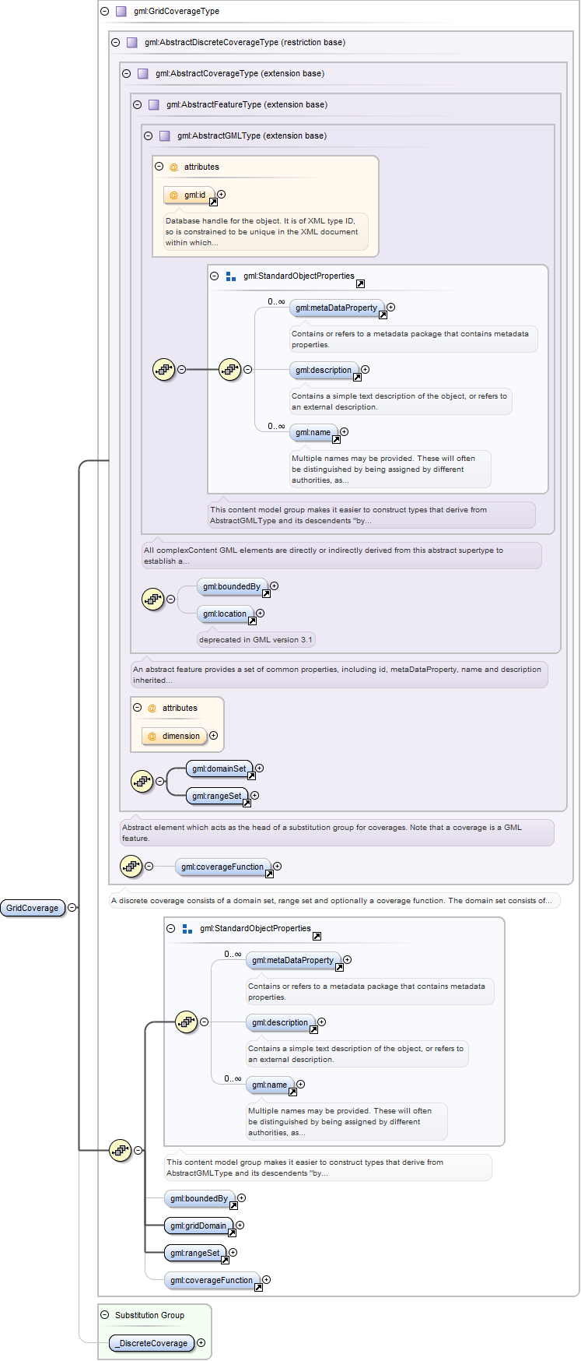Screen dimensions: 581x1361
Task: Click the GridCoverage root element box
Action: coord(33,908)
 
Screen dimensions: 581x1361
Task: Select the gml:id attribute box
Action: coord(189,195)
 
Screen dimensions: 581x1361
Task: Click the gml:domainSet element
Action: coord(220,769)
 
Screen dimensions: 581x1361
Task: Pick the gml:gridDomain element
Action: coord(199,1226)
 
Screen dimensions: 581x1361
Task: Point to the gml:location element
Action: coord(226,614)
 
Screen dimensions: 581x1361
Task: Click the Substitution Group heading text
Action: coord(149,1315)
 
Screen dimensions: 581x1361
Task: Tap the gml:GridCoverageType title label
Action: coord(177,12)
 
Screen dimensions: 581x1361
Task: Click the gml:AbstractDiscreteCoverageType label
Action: coord(212,43)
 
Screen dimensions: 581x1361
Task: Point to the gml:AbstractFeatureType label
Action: coord(214,105)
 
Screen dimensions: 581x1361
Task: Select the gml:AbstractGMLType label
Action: coord(219,136)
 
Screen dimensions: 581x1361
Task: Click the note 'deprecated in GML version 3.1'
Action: coord(256,640)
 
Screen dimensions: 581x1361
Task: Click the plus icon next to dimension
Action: coord(214,736)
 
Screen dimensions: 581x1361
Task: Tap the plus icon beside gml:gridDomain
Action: coord(240,1226)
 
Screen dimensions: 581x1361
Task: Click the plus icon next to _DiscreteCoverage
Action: coord(201,1343)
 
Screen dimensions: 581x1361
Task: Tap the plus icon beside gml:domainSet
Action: coord(260,768)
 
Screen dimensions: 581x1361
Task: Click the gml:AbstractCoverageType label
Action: coord(206,74)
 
